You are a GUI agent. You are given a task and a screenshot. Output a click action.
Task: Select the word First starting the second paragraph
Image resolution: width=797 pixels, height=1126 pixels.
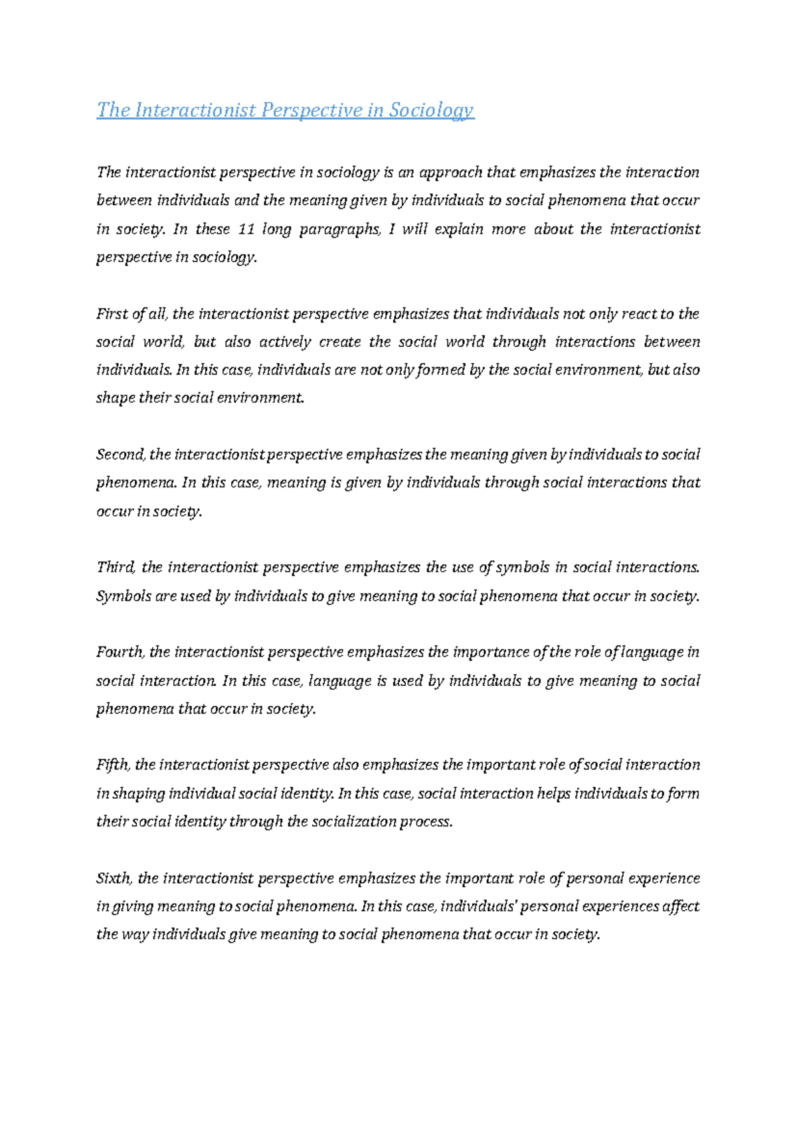tap(110, 313)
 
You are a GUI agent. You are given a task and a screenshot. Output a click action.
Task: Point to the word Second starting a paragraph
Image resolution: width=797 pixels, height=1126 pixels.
tap(121, 455)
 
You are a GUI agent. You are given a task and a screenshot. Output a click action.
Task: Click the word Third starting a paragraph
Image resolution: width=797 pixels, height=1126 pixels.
tap(116, 568)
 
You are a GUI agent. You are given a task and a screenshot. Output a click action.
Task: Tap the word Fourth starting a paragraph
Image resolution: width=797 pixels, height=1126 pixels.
tap(120, 652)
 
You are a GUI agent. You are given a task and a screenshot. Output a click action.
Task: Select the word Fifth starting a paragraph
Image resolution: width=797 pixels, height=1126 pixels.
tap(113, 765)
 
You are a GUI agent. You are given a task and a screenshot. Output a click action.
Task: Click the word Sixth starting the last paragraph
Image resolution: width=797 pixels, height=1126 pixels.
tap(114, 878)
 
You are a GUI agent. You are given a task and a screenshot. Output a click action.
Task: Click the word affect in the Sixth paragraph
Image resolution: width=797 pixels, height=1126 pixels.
tap(680, 906)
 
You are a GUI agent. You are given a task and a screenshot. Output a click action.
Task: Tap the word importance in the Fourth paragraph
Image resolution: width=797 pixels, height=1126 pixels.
tap(491, 652)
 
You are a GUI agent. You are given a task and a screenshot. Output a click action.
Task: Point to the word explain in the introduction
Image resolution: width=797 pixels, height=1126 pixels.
tap(458, 230)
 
